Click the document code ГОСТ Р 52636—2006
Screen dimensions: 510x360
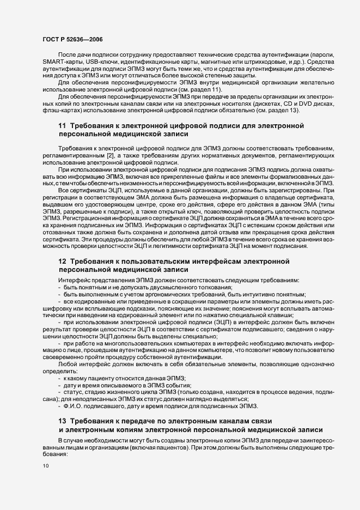72,40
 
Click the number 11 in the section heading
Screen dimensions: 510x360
62,126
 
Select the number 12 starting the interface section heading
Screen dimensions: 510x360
62,262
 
